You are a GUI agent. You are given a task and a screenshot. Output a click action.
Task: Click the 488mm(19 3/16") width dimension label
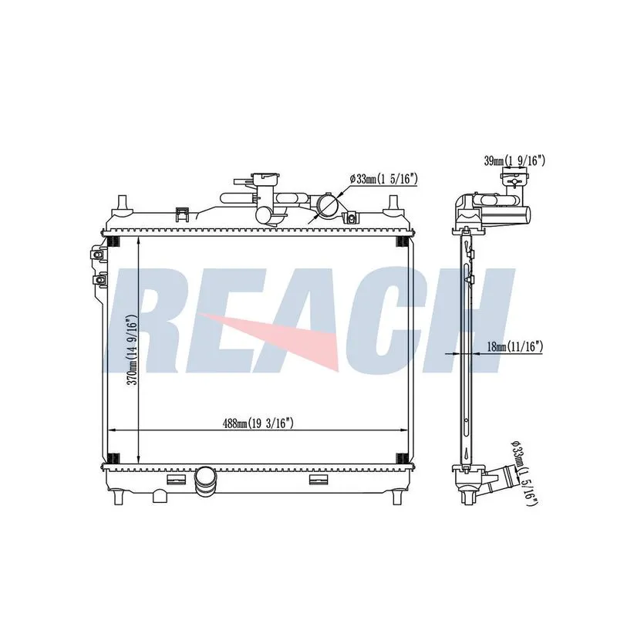point(258,423)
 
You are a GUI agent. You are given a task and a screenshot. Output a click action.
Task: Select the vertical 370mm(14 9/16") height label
point(133,349)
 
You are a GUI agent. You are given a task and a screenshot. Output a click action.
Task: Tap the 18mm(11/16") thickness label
point(515,346)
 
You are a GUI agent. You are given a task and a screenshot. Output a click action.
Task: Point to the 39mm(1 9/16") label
point(514,160)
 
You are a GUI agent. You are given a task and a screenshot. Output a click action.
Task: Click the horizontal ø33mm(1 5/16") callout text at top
point(383,179)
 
